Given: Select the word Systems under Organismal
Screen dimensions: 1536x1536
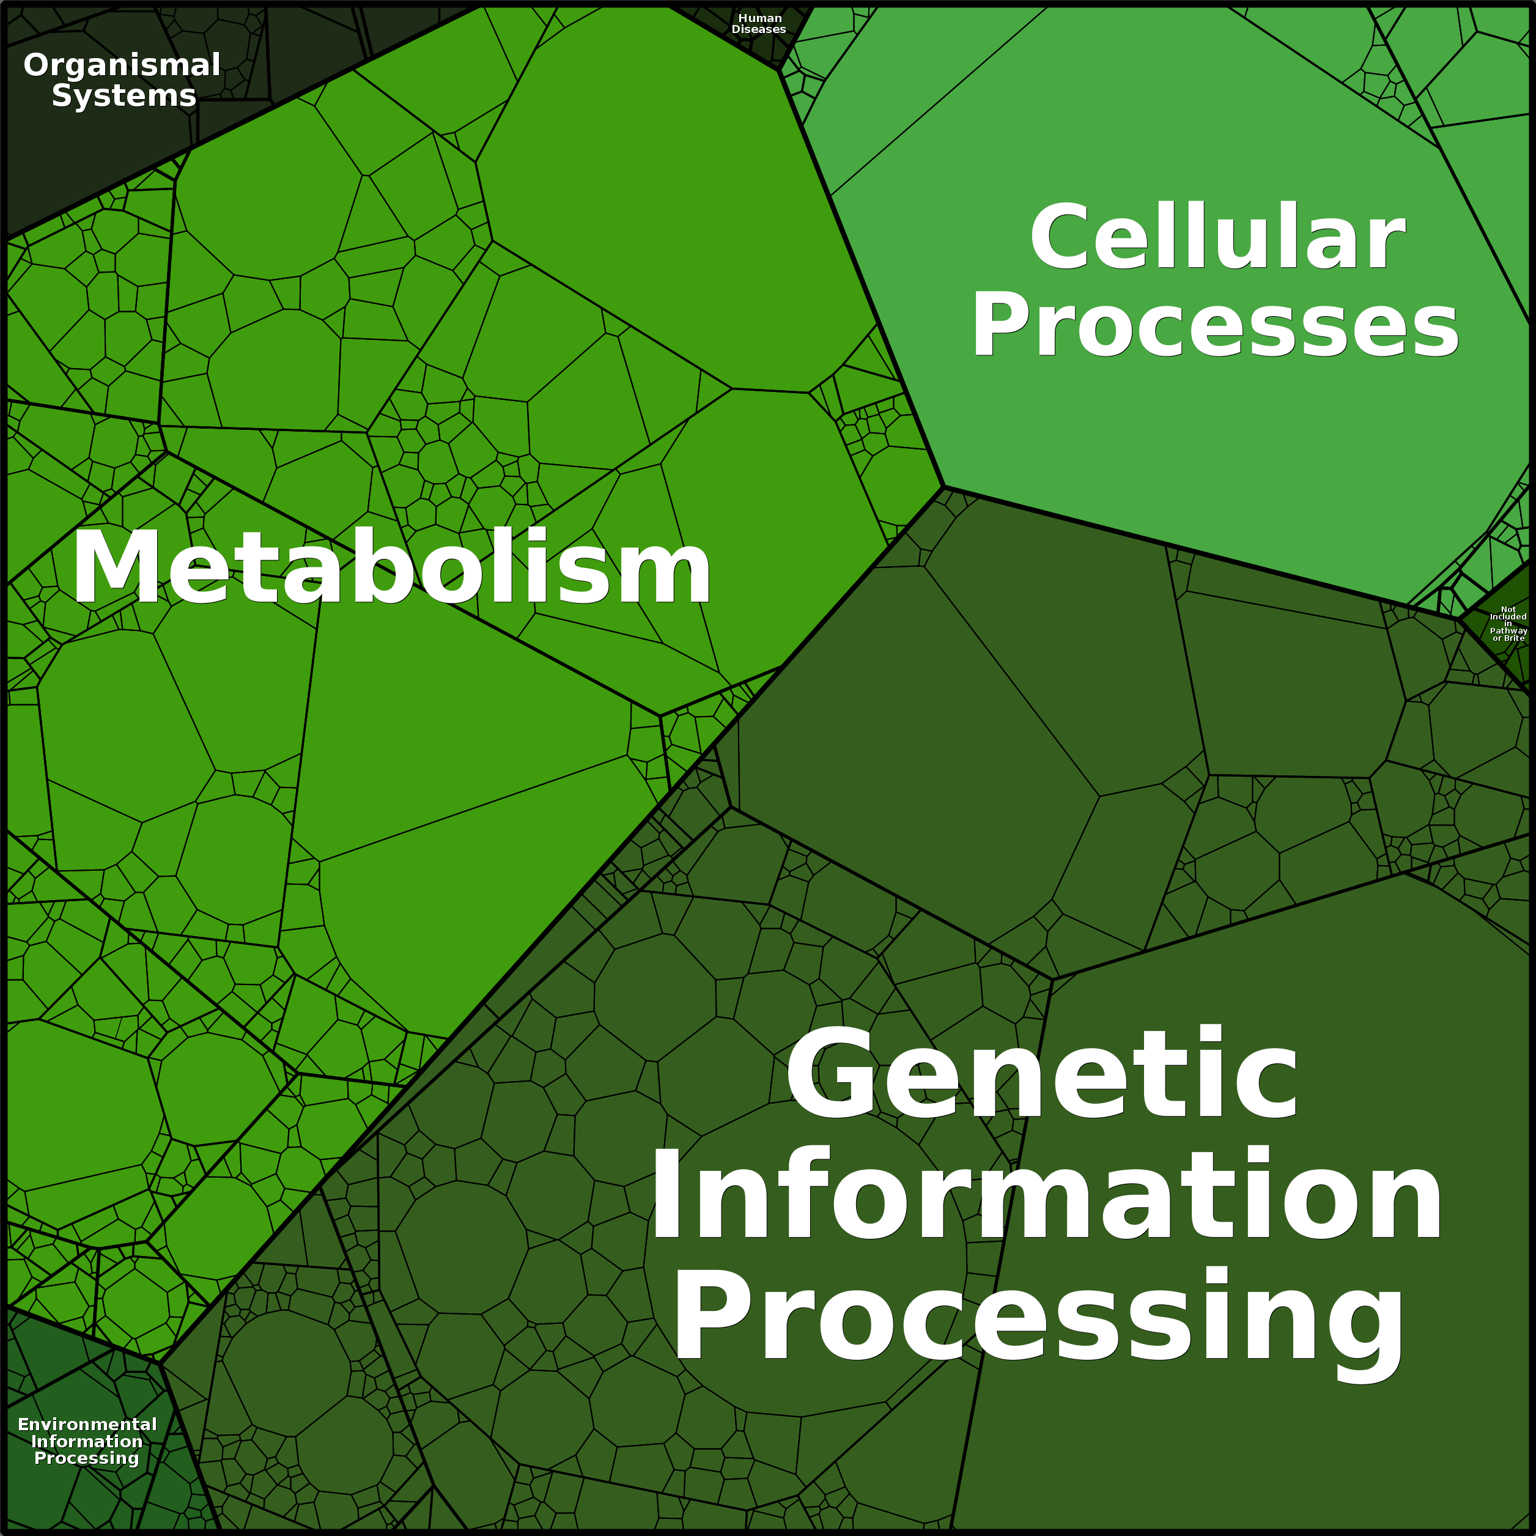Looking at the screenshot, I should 124,96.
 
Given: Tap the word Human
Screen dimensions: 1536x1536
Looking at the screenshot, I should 759,18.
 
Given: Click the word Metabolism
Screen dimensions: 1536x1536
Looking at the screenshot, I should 391,569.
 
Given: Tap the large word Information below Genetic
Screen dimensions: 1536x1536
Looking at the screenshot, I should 1046,1195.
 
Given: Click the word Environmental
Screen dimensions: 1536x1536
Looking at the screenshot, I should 87,1425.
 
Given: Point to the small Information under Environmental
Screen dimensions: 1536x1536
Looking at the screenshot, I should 87,1441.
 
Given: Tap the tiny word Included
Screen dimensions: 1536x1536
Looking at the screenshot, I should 1508,616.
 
